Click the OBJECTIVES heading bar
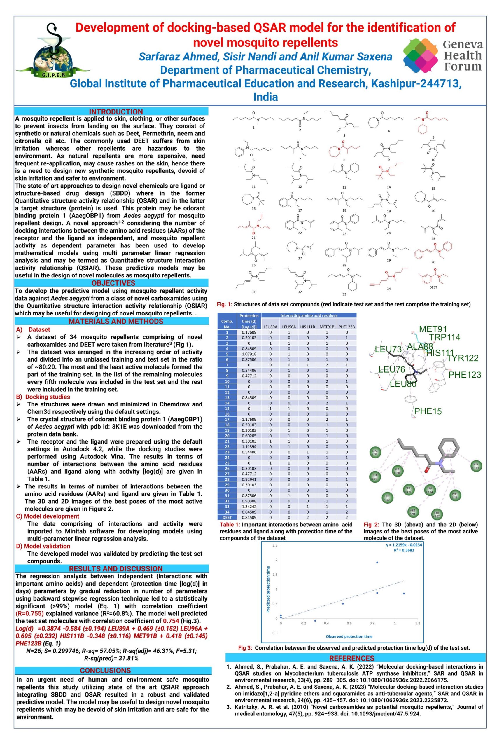(113, 283)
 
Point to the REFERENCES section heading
(352, 658)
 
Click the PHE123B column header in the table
(346, 327)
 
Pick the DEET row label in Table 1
(227, 517)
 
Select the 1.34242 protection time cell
(249, 506)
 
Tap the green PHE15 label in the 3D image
(428, 411)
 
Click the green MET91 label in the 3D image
(433, 329)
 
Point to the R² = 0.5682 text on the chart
(404, 550)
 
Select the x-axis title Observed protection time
(349, 636)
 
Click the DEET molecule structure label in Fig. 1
(433, 287)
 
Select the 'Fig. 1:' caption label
(225, 304)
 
